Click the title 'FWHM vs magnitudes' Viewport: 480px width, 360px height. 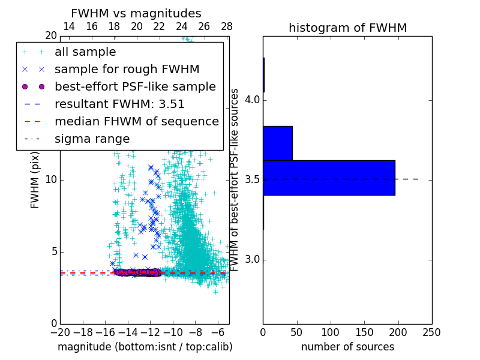click(x=136, y=14)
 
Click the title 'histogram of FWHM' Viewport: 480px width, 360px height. click(x=347, y=28)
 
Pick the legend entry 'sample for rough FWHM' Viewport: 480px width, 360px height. click(x=127, y=70)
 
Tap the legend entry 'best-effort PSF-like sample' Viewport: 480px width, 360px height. click(x=135, y=87)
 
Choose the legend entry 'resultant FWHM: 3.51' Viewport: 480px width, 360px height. click(x=119, y=104)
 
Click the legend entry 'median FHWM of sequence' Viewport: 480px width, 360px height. click(x=136, y=122)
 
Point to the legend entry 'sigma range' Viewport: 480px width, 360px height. click(x=92, y=139)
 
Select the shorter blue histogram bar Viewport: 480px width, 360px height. click(x=277, y=143)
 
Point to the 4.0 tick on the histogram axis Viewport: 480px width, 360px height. click(x=251, y=99)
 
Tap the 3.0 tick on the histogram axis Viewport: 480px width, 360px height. click(x=251, y=260)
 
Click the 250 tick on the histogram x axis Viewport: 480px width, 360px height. click(x=431, y=332)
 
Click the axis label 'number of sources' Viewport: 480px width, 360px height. click(x=347, y=347)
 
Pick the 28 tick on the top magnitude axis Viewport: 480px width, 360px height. click(x=226, y=26)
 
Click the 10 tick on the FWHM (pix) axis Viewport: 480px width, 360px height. click(x=51, y=180)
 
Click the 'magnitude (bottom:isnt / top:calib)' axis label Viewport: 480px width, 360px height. click(x=145, y=347)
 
